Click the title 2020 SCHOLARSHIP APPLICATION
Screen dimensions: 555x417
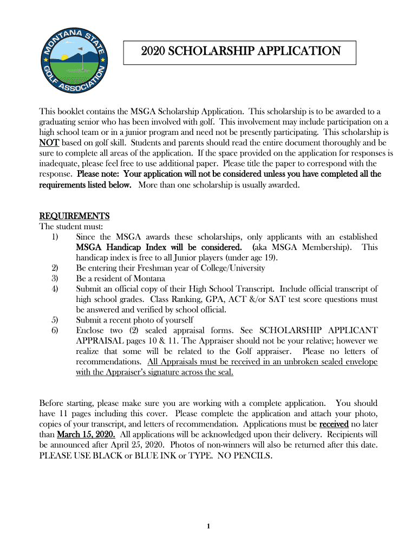[240, 51]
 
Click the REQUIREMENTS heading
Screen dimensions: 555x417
[75, 216]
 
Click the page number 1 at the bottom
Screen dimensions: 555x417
[208, 526]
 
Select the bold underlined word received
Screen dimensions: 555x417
[334, 424]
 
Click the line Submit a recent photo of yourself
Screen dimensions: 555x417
[135, 320]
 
